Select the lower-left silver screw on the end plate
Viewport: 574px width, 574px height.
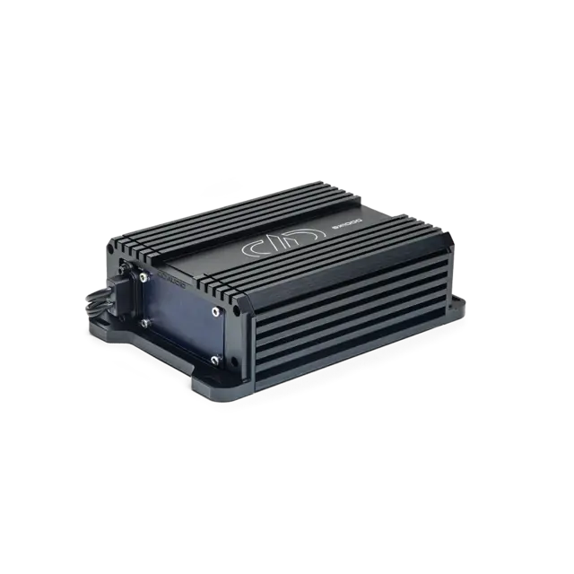tap(143, 320)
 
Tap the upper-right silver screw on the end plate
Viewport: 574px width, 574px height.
tap(216, 311)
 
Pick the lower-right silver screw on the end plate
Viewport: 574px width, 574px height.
tap(215, 360)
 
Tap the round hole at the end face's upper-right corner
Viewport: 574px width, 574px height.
tap(235, 308)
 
